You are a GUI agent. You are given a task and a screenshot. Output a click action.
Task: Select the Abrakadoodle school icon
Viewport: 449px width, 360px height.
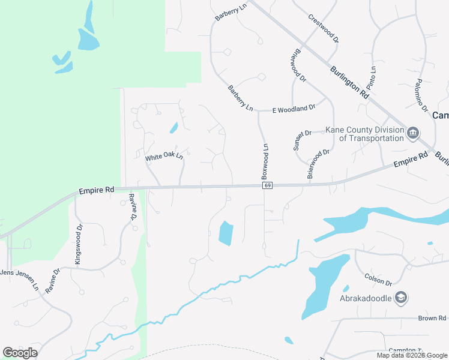point(401,298)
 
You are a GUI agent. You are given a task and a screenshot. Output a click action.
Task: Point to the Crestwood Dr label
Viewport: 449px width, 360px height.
point(324,28)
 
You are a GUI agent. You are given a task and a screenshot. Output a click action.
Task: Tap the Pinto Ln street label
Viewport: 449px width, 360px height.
point(373,77)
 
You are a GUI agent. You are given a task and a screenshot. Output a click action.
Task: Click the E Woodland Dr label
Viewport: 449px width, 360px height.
point(294,108)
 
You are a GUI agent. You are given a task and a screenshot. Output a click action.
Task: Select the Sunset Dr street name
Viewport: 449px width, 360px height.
point(302,140)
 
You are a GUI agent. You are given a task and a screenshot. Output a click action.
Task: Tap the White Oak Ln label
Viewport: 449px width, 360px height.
point(163,157)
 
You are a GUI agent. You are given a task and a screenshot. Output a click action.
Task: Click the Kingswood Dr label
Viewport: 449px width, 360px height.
point(78,244)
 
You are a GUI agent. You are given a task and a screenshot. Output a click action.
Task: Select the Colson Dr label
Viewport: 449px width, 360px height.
point(378,279)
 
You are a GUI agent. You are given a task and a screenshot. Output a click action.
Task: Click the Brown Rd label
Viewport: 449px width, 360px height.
point(433,318)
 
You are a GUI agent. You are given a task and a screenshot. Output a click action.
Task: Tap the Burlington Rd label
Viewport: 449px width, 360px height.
point(349,82)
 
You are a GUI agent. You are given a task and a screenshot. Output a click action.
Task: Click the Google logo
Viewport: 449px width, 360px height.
point(20,353)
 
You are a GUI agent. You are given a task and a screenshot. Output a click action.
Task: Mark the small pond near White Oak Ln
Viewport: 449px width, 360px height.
point(174,128)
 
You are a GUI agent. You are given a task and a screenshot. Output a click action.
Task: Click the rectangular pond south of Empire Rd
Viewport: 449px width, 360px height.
point(225,233)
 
